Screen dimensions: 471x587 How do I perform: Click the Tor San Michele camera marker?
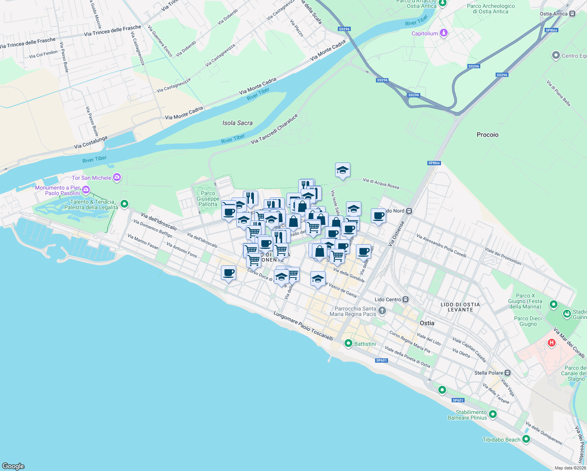click(x=117, y=177)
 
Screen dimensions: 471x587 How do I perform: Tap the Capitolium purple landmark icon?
click(x=444, y=33)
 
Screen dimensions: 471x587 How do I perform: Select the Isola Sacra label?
click(x=237, y=123)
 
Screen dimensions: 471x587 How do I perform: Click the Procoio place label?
click(x=487, y=135)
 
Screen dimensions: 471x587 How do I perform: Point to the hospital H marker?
click(x=552, y=343)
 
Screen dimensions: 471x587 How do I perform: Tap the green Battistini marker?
click(x=348, y=344)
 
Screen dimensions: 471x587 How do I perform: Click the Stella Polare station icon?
click(x=508, y=372)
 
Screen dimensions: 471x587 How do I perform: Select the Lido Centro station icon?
click(x=406, y=299)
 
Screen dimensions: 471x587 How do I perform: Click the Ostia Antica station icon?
click(x=572, y=14)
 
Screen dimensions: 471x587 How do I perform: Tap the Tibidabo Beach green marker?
click(x=526, y=439)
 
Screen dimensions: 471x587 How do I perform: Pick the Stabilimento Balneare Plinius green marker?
click(x=493, y=414)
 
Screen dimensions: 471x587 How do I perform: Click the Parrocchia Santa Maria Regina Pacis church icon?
click(x=382, y=311)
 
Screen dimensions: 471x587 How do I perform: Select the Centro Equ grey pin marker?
click(x=556, y=55)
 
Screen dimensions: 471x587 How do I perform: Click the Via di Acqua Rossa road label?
click(x=381, y=183)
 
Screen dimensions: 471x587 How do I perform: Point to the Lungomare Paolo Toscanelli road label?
click(x=303, y=326)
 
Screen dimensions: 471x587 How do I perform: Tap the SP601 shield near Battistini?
click(x=381, y=360)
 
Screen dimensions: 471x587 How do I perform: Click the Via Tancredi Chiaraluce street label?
click(x=274, y=129)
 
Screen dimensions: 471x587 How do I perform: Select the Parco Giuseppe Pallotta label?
click(x=208, y=199)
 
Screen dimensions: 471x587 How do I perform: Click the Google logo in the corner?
click(x=13, y=466)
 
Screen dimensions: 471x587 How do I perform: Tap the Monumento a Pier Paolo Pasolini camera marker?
click(x=86, y=190)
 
